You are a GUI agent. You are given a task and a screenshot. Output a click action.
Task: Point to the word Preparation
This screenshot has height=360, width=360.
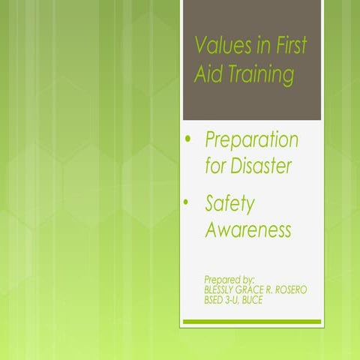pos(251,139)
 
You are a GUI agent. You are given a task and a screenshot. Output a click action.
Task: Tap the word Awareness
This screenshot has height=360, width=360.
pos(247,230)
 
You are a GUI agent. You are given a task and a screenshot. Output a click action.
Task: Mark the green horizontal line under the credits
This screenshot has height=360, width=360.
pos(252,321)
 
